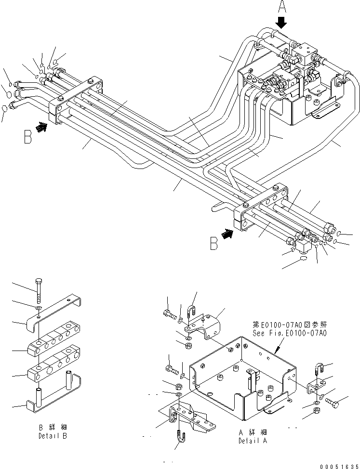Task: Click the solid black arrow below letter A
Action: [x=281, y=23]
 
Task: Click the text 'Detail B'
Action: [x=53, y=436]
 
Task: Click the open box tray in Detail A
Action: [x=239, y=373]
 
